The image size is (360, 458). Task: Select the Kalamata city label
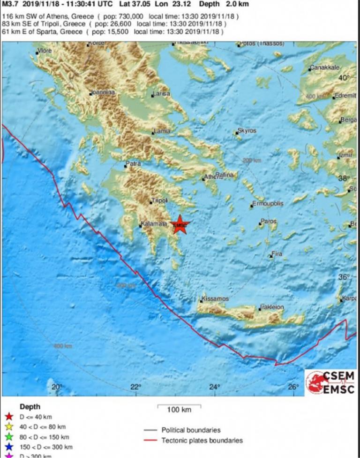(x=154, y=224)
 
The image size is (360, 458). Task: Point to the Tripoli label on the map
(x=159, y=201)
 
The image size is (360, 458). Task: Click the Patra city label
(x=133, y=164)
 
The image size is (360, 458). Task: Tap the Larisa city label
(x=162, y=94)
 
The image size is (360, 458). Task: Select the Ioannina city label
(x=103, y=92)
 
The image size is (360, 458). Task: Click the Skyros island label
(x=247, y=131)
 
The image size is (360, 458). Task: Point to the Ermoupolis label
(x=266, y=205)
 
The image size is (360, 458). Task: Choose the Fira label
(x=277, y=254)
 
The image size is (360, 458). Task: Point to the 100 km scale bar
(x=173, y=405)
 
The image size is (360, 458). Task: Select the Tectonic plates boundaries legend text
(x=202, y=441)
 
